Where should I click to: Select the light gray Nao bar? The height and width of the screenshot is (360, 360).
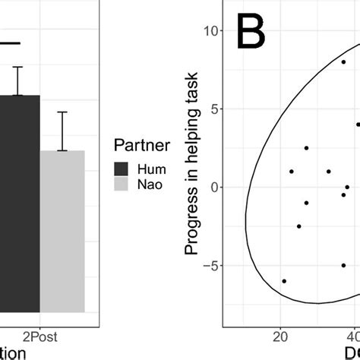point(63,232)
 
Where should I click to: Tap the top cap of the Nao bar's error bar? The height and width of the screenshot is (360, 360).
point(63,112)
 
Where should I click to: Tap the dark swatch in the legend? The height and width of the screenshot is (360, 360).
point(122,169)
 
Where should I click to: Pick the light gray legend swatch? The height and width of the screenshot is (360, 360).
point(122,185)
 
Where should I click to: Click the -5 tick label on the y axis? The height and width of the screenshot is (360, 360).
point(211,266)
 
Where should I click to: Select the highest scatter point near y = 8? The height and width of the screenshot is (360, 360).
point(343,62)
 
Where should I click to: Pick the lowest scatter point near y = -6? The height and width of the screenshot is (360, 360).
point(284,281)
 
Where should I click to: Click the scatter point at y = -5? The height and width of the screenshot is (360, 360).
point(343,265)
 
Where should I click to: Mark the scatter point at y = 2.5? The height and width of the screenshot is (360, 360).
point(306,148)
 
